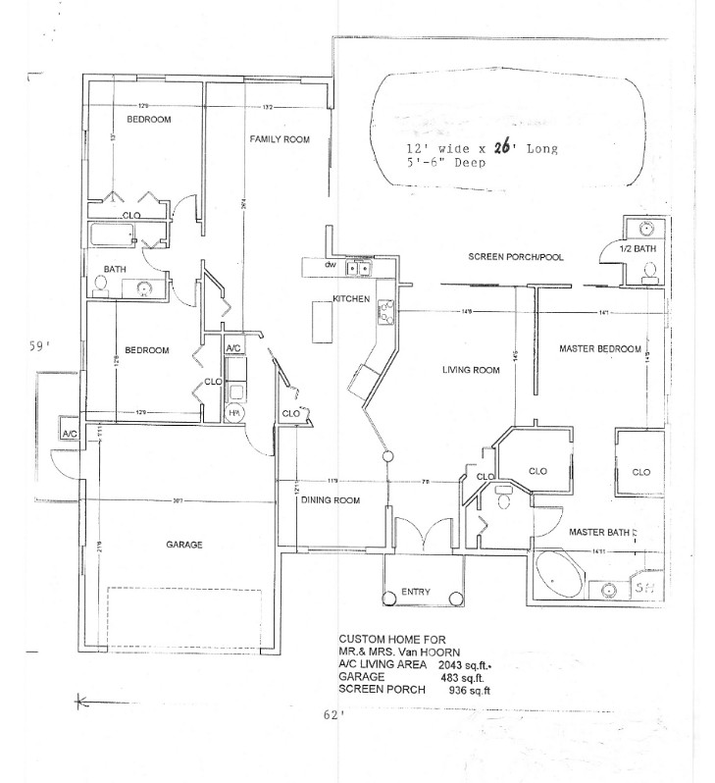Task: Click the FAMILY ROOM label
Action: pyautogui.click(x=279, y=139)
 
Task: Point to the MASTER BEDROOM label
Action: pyautogui.click(x=600, y=348)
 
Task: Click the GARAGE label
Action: pyautogui.click(x=184, y=544)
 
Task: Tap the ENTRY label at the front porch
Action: pyautogui.click(x=416, y=592)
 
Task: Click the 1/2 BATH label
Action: pyautogui.click(x=644, y=248)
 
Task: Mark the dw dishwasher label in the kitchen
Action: pyautogui.click(x=332, y=264)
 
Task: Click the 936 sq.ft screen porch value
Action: pyautogui.click(x=469, y=690)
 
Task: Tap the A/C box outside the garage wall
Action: pyautogui.click(x=70, y=433)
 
